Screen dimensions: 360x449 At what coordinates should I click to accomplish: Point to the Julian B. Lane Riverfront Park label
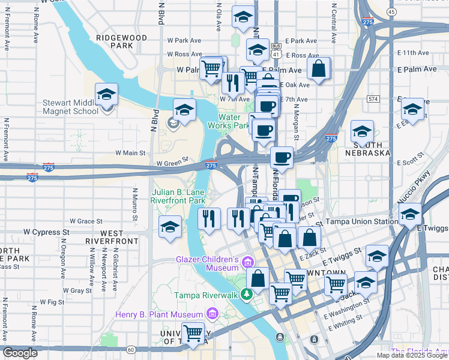coord(178,196)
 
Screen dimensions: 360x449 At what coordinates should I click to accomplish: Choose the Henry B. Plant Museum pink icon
coord(211,314)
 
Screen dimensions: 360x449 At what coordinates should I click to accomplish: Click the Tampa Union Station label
coord(361,221)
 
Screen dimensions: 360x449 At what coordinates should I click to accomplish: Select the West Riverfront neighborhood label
coord(112,236)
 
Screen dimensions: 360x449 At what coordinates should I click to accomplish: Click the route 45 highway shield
coord(391,11)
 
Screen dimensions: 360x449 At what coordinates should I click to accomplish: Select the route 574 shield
coord(374,98)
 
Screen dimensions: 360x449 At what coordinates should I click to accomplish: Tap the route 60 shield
coord(131,349)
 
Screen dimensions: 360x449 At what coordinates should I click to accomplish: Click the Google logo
coord(20,353)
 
